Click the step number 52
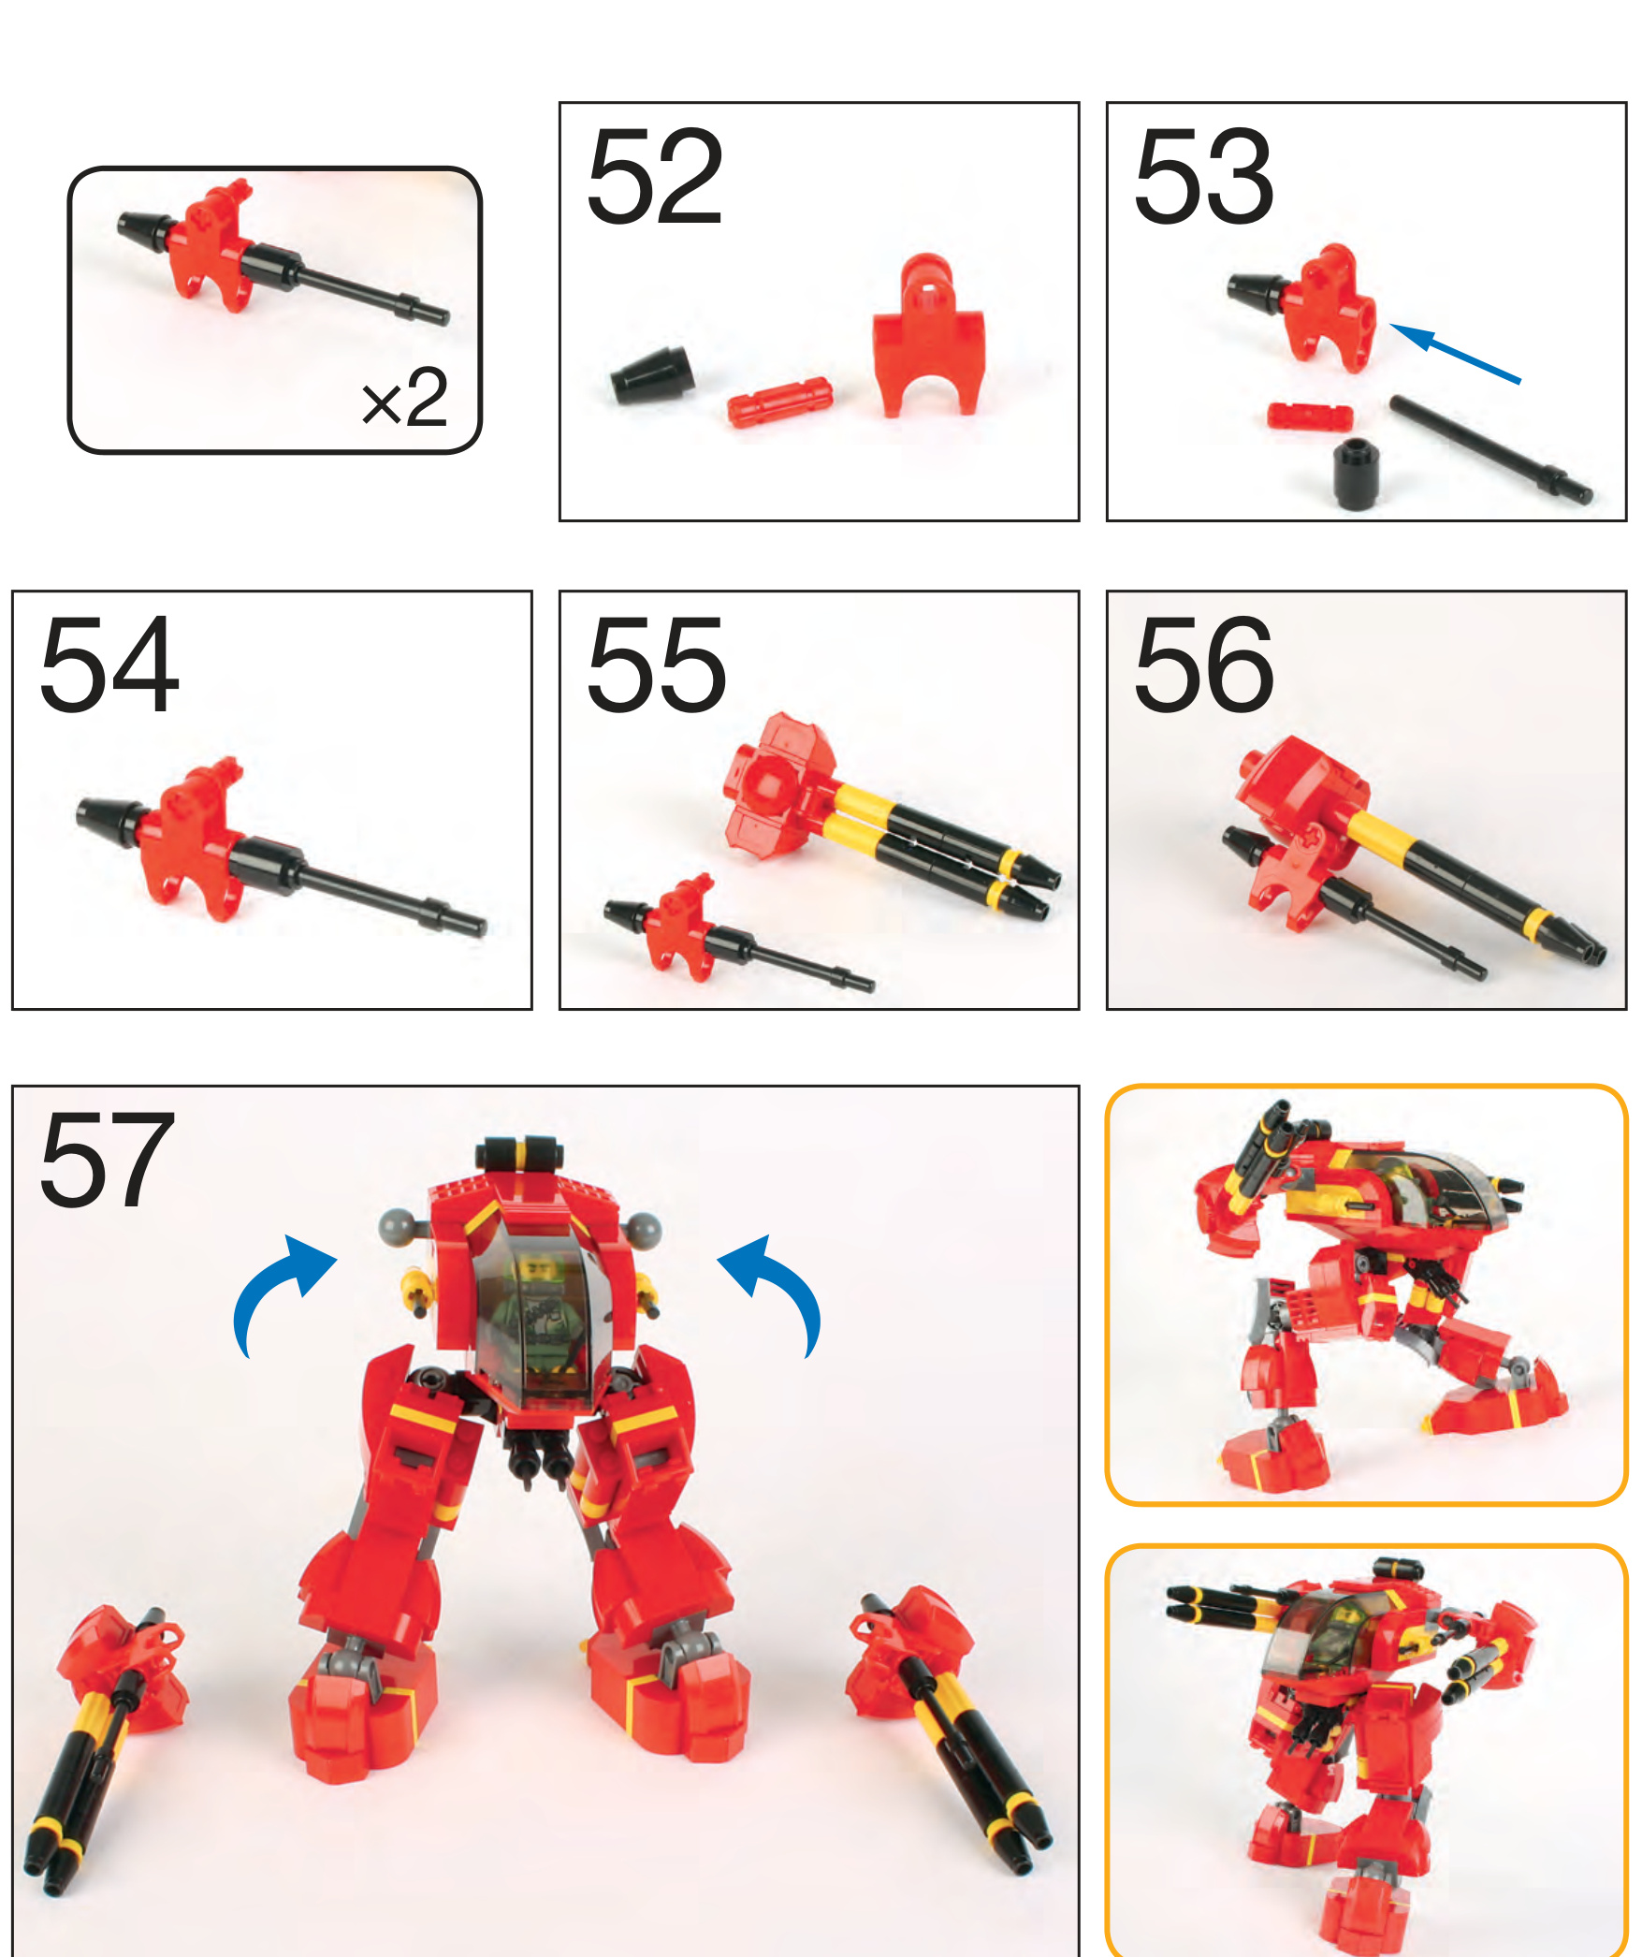pyautogui.click(x=655, y=177)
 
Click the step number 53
pyautogui.click(x=1203, y=177)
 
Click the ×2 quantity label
pyautogui.click(x=405, y=398)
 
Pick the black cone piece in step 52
pyautogui.click(x=652, y=375)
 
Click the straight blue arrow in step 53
pyautogui.click(x=1455, y=354)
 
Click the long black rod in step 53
pyautogui.click(x=1491, y=450)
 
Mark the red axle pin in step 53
pyautogui.click(x=1310, y=416)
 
